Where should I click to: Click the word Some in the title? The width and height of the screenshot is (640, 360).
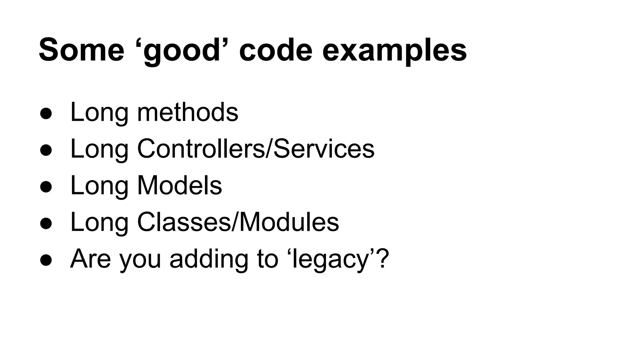(82, 50)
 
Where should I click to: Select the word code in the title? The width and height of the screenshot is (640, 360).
(276, 50)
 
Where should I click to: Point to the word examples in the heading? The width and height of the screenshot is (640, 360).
(394, 50)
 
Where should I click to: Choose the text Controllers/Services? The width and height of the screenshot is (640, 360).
(256, 149)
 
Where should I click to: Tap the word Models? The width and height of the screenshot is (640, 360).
(179, 185)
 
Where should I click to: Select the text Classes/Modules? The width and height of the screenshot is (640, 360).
(238, 222)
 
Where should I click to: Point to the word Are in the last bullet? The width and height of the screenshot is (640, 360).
(90, 259)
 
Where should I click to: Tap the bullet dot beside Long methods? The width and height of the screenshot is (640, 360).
(46, 114)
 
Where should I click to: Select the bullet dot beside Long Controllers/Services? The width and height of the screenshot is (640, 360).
(46, 151)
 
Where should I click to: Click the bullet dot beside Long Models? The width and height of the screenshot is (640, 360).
(46, 187)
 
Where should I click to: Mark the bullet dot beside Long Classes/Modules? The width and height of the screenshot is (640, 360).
(46, 224)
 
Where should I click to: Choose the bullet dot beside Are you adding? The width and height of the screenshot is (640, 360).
(46, 261)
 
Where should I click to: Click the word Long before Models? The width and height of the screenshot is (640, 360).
(99, 185)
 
